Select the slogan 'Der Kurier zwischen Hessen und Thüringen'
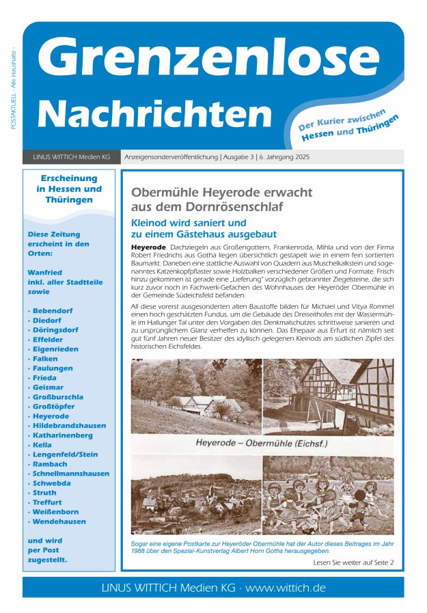pos(348,126)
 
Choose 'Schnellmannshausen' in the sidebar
pos(70,473)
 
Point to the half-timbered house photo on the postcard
pos(329,397)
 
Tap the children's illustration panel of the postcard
pos(328,494)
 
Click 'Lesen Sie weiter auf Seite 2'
pos(353,562)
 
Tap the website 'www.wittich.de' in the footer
pos(286,588)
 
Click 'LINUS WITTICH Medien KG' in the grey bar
pos(71,156)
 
